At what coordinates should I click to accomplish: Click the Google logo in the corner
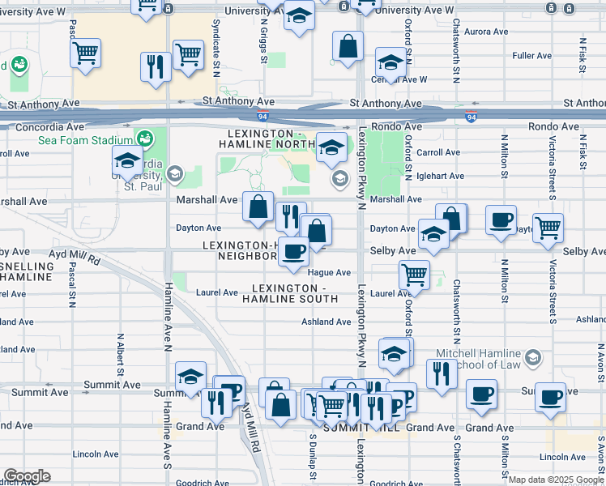coord(27,476)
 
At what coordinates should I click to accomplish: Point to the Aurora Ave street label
coord(485,32)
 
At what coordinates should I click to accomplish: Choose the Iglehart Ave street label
coord(440,176)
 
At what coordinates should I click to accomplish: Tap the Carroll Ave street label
coord(438,152)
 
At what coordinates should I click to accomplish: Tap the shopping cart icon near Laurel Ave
coord(415,274)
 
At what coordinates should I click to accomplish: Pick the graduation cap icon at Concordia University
coord(127,162)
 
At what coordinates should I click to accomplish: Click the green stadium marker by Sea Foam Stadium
coord(146,139)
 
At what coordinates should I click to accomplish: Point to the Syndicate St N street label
coord(217,37)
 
